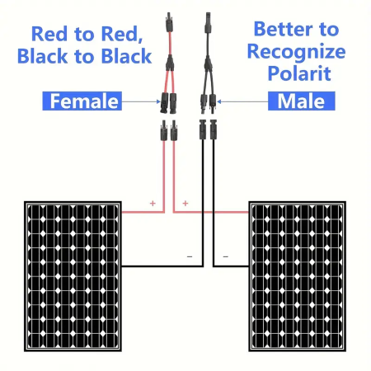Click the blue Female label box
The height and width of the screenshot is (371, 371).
pos(82,101)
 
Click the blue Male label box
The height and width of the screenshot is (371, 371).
pos(302,101)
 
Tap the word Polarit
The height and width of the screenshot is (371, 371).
pos(299,73)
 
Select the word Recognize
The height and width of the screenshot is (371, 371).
pos(296,52)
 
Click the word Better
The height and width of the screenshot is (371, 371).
pos(283,29)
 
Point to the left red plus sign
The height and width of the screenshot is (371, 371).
pos(153,203)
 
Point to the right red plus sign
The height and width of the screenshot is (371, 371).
pos(185,203)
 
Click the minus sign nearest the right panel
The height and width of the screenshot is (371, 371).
pos(226,256)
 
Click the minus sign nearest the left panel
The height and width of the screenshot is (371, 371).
pos(190,256)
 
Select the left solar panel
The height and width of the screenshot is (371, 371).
pos(73,276)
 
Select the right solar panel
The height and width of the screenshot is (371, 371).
pos(297,276)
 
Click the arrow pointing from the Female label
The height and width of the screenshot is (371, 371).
pos(141,101)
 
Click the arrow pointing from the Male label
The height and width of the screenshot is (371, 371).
pos(242,101)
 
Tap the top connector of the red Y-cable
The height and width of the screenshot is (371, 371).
pos(169,22)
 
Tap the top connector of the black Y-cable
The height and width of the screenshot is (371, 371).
pos(208,22)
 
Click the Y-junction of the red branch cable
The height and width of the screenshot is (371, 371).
pos(170,63)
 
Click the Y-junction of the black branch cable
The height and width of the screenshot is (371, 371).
pos(208,63)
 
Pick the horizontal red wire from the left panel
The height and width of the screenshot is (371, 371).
pos(143,212)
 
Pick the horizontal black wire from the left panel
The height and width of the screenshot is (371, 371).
pos(162,266)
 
